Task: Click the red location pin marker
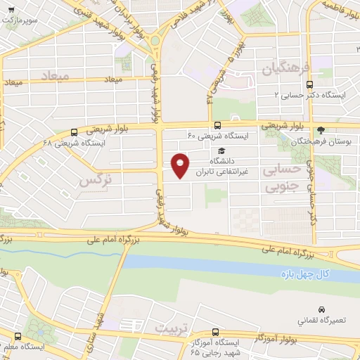[181, 165]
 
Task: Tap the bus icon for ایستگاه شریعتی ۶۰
[217, 125]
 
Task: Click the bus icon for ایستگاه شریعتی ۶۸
[75, 131]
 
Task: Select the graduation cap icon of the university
[222, 151]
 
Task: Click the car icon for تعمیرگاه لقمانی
[321, 309]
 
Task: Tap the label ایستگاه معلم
[21, 346]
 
